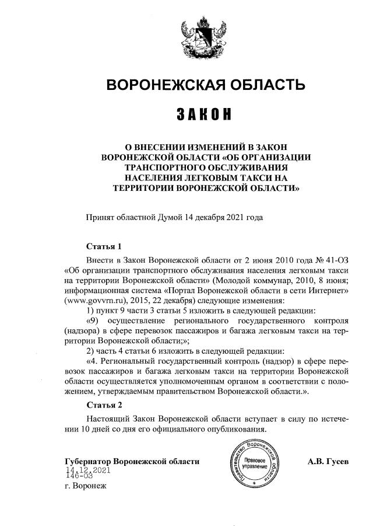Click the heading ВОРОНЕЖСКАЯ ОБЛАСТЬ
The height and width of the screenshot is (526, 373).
point(205,86)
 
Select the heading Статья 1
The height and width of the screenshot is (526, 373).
point(104,246)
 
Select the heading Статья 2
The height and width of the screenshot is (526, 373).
point(104,405)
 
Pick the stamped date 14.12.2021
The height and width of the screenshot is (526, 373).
point(88,470)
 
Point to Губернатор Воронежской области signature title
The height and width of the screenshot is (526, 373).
point(132,461)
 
